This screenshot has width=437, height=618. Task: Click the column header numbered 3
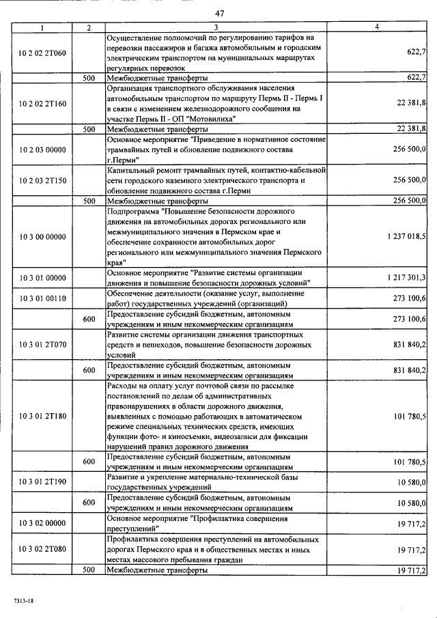pos(215,27)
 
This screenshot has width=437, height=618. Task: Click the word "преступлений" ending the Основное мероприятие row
pos(134,528)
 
